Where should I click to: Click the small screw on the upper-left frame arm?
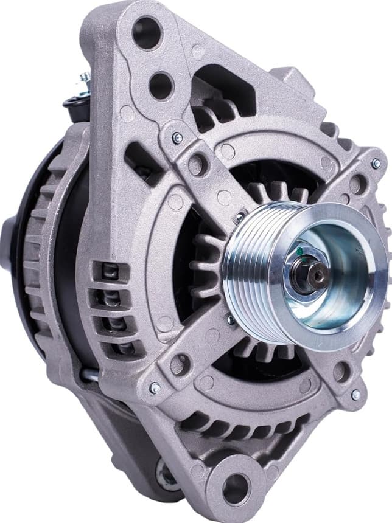177,137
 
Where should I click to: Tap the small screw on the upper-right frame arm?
376,164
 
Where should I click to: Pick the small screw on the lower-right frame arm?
355,395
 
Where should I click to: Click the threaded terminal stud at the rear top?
84,82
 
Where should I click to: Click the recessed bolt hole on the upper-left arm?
197,164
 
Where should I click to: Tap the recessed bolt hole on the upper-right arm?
357,183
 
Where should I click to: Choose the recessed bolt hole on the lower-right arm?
341,372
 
